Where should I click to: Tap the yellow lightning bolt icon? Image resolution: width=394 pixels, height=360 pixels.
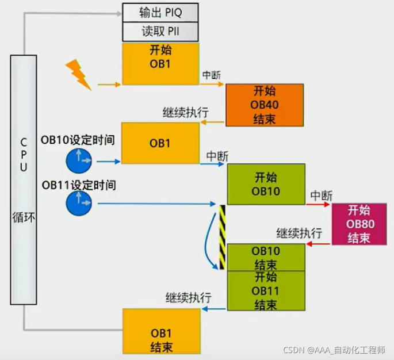(x=79, y=74)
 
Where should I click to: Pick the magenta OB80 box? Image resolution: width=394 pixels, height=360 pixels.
(x=358, y=224)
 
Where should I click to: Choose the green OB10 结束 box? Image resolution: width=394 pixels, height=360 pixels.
(x=266, y=258)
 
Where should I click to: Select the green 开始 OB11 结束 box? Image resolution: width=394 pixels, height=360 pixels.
(x=266, y=290)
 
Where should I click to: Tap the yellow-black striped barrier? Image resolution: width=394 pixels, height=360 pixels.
(x=222, y=237)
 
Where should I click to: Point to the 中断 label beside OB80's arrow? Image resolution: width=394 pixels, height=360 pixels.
(x=322, y=196)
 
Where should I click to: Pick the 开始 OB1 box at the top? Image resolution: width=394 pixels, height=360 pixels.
(x=161, y=64)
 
